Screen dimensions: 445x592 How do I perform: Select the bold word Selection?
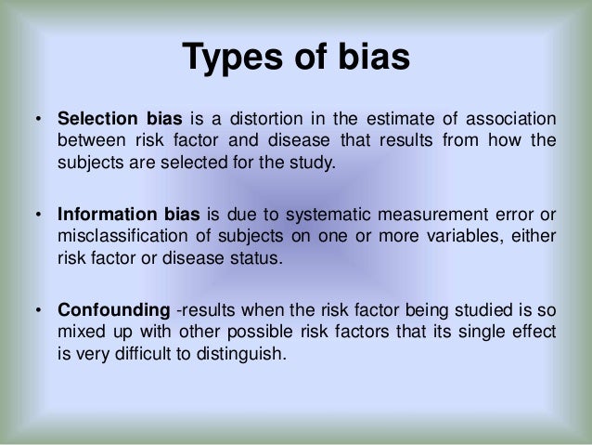point(97,121)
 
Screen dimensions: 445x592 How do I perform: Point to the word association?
point(509,121)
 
